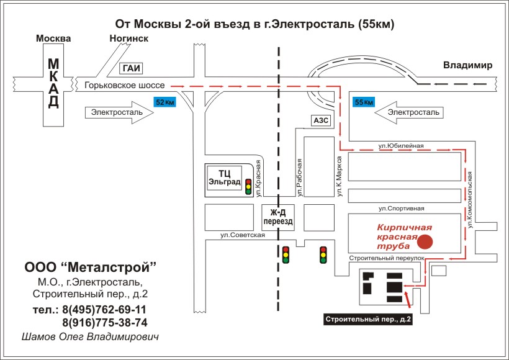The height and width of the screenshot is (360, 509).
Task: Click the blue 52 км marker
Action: pos(164,102)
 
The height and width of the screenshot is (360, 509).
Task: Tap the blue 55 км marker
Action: pos(364,102)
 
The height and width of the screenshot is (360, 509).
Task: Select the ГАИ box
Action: pos(132,68)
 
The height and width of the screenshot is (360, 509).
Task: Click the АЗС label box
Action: pos(321,120)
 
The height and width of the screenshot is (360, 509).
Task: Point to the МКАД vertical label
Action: pos(53,83)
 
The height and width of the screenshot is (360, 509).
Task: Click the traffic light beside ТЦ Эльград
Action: pos(248,187)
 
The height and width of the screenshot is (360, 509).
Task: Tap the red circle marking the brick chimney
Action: pos(425,241)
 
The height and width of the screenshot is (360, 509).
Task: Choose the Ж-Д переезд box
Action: pos(278,217)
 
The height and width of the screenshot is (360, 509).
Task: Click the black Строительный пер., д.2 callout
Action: pos(368,320)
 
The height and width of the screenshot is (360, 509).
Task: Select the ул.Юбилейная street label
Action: pos(401,146)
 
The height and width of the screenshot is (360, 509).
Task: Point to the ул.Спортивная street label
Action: pos(401,209)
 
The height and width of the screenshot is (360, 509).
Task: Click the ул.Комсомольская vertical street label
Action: pos(470,200)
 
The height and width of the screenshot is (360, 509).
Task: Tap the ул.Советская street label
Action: pos(243,235)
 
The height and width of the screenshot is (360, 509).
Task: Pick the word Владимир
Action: pos(468,65)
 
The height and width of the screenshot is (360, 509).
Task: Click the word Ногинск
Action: pos(129,38)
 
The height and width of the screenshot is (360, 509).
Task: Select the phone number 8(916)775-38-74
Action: pos(105,323)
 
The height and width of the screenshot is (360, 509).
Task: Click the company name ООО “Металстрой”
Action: pos(90,267)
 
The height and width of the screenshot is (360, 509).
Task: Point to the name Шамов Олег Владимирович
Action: pos(90,337)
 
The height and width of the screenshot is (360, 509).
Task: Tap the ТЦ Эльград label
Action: pos(225,178)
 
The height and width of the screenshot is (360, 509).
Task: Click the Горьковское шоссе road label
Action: pos(125,86)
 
